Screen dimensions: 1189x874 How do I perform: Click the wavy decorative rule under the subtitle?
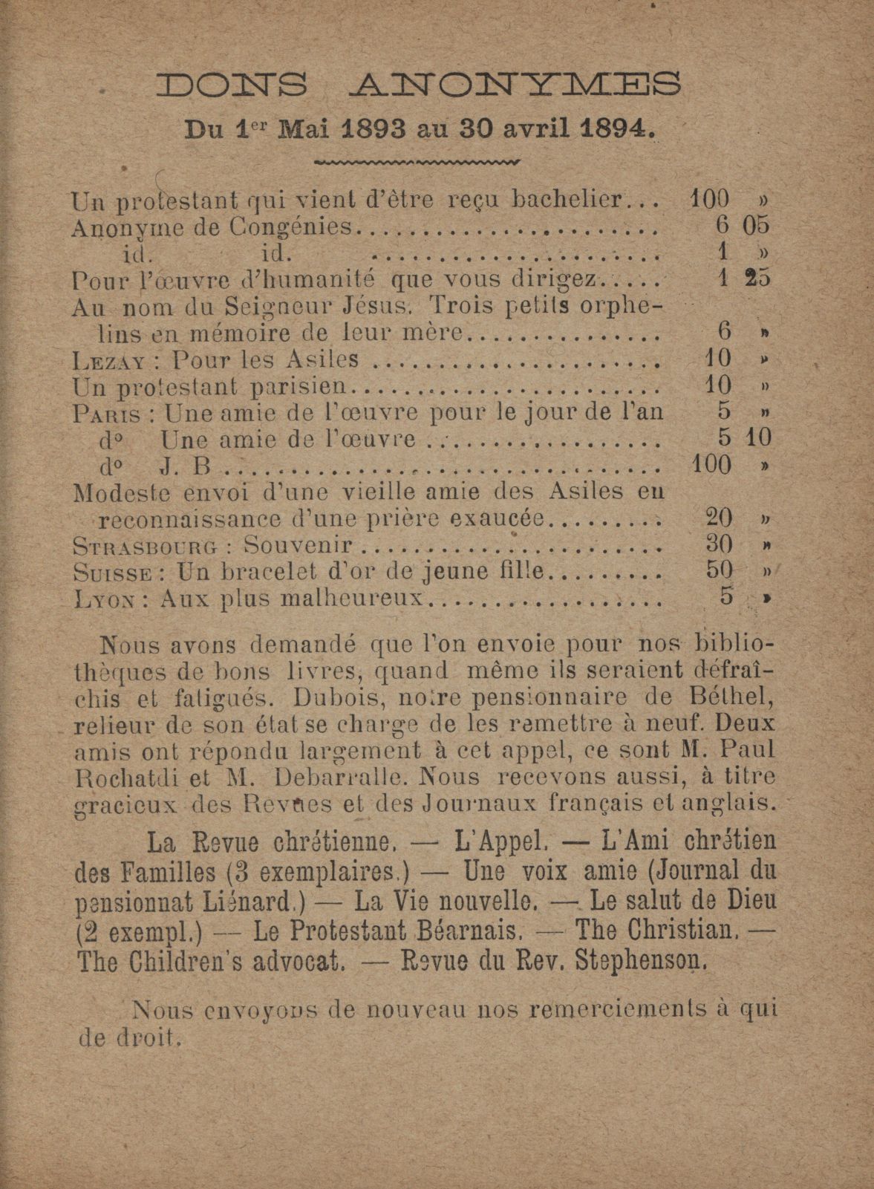point(419,161)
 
